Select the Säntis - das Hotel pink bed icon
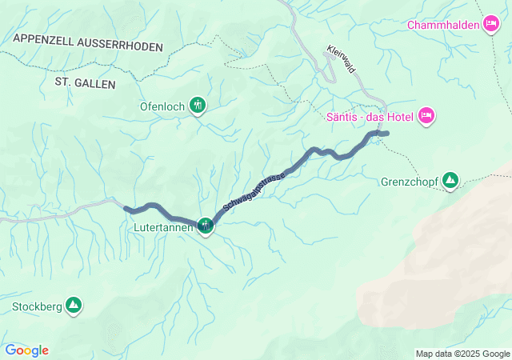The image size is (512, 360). click(426, 117)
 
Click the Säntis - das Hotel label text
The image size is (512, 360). click(370, 117)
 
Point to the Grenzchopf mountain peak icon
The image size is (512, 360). click(451, 181)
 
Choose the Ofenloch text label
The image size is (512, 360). click(162, 105)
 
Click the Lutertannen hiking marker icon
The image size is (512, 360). click(206, 226)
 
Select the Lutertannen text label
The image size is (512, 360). click(163, 227)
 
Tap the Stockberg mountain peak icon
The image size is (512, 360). click(74, 306)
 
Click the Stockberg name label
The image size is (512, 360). click(37, 306)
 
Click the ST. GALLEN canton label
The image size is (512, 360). click(86, 82)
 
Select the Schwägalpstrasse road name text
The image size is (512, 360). click(254, 189)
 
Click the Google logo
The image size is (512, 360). click(26, 350)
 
